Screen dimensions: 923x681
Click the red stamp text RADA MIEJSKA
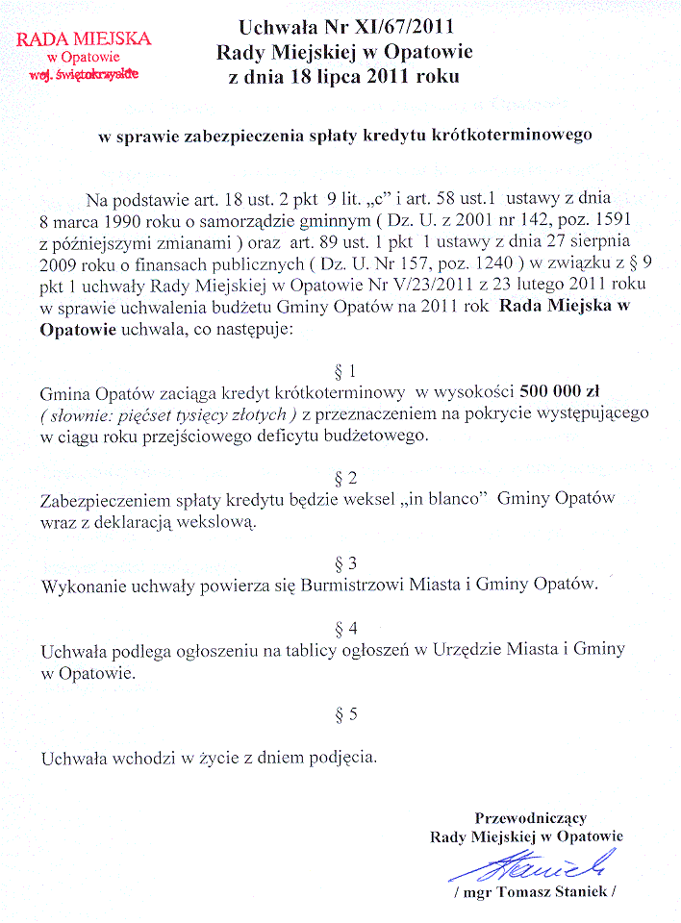pyautogui.click(x=84, y=39)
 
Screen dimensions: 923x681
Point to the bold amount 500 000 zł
pyautogui.click(x=563, y=392)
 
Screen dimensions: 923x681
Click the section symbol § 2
pyautogui.click(x=345, y=478)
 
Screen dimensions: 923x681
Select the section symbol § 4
pyautogui.click(x=345, y=629)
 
